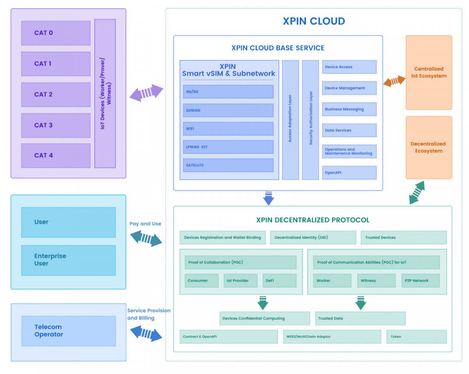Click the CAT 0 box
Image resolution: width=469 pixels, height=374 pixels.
(x=56, y=33)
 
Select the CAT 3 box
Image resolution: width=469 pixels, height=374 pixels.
(x=56, y=125)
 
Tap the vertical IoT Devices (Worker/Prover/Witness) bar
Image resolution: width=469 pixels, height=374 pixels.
(x=105, y=93)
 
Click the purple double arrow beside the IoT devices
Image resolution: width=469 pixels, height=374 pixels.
(x=146, y=93)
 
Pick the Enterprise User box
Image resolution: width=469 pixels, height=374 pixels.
(x=68, y=260)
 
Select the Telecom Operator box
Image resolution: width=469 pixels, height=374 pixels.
(x=69, y=331)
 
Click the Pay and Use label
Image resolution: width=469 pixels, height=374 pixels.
(x=145, y=224)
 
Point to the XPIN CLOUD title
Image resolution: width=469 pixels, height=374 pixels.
(x=314, y=21)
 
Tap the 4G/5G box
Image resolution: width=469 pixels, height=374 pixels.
(x=228, y=92)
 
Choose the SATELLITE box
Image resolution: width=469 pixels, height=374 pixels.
(x=228, y=165)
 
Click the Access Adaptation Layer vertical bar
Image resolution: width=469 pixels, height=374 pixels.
(x=290, y=120)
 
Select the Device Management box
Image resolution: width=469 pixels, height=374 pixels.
(x=349, y=88)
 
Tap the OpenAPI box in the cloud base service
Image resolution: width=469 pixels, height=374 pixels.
(x=349, y=173)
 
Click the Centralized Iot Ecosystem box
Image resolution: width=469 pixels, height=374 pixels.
(x=429, y=73)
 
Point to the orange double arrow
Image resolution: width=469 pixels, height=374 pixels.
(x=394, y=81)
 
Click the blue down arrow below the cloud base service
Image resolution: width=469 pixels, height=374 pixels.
(x=269, y=199)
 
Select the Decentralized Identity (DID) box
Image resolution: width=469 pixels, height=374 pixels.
(x=313, y=237)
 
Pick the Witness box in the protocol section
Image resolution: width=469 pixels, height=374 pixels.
(x=376, y=281)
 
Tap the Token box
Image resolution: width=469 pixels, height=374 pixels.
(x=417, y=336)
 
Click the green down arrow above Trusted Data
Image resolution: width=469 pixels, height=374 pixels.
(x=360, y=303)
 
